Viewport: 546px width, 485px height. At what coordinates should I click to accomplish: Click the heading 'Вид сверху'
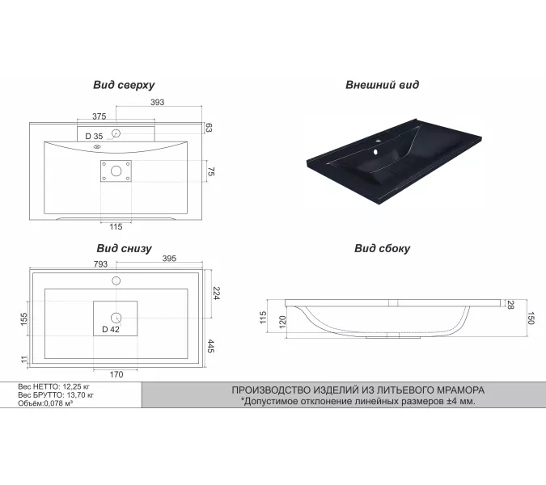(124, 84)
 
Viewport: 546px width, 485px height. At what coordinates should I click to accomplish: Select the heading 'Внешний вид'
(382, 84)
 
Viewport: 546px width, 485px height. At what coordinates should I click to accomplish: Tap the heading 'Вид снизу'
(124, 249)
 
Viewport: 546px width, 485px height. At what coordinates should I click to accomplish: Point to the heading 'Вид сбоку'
(382, 249)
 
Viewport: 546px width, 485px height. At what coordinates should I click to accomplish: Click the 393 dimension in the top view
(158, 103)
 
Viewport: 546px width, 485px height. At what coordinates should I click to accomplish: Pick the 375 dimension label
(99, 116)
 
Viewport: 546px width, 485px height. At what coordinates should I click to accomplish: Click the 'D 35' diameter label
(94, 136)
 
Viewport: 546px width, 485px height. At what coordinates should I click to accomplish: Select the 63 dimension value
(209, 128)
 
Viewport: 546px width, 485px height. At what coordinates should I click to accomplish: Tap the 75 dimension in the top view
(210, 171)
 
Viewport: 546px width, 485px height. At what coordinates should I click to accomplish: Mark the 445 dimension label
(210, 348)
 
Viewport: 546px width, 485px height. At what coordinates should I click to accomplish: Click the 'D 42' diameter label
(111, 329)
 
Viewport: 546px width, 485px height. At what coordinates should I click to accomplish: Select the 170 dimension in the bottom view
(116, 373)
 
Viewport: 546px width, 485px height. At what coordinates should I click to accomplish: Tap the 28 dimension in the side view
(511, 304)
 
